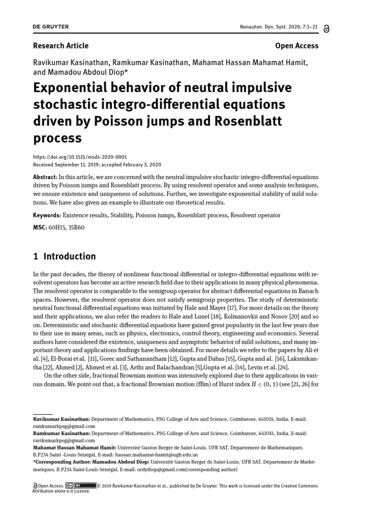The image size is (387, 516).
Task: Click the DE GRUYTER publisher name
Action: click(51, 26)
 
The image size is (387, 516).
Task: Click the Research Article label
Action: click(60, 46)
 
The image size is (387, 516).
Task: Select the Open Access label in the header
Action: click(297, 46)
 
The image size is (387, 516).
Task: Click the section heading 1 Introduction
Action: click(64, 256)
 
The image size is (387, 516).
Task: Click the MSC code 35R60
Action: click(77, 228)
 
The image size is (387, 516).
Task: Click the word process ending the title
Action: click(57, 138)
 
